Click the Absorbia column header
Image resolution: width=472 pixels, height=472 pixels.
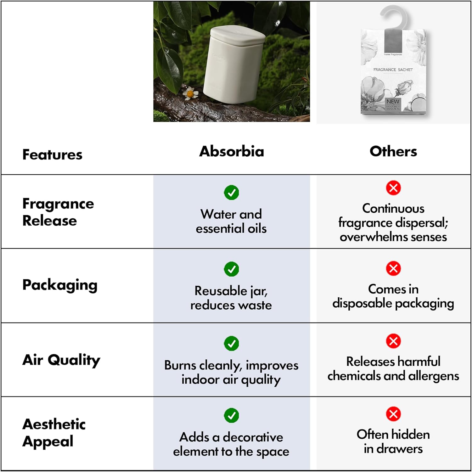coord(232,151)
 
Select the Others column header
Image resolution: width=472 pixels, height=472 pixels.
coord(393,151)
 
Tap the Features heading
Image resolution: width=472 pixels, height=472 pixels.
coord(52,155)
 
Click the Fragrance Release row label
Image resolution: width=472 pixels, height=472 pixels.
coord(58,212)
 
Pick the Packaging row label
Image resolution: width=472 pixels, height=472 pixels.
coord(60,285)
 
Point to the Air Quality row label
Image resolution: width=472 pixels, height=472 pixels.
coord(61,360)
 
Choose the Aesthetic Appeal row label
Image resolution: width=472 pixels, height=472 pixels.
coord(54,433)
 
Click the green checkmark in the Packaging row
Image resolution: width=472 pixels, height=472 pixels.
coord(231,269)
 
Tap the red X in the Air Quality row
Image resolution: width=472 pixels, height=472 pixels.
coord(393,341)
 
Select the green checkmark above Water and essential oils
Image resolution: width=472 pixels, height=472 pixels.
coord(231,193)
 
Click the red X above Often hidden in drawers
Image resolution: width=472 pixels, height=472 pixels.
coord(393,414)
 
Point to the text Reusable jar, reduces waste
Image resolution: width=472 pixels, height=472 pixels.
coord(231,298)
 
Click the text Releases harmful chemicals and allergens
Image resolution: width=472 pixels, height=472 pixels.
coord(393,368)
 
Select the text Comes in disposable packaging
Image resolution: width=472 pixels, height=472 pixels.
coord(393,296)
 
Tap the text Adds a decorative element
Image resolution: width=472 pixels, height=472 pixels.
coord(231,444)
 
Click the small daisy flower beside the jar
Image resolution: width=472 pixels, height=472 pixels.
coord(190,93)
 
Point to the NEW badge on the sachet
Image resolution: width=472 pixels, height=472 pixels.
coord(393,102)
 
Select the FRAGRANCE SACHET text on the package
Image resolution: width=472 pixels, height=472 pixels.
coord(393,70)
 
